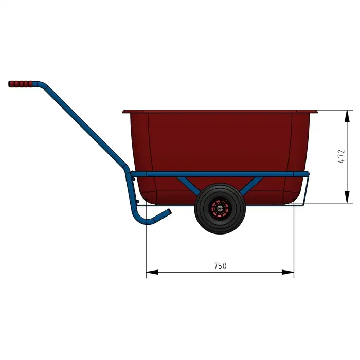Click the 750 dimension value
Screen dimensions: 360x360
click(x=220, y=266)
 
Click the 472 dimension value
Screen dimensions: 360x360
click(x=341, y=156)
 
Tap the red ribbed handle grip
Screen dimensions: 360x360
click(x=21, y=84)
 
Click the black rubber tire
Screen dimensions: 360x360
click(x=220, y=208)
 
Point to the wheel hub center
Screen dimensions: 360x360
click(x=220, y=209)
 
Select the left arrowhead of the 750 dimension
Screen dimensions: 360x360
click(x=152, y=272)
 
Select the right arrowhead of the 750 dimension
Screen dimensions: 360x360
click(x=288, y=272)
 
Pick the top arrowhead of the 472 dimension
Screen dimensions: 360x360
click(x=347, y=116)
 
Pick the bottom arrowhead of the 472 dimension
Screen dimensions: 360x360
click(x=347, y=197)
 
